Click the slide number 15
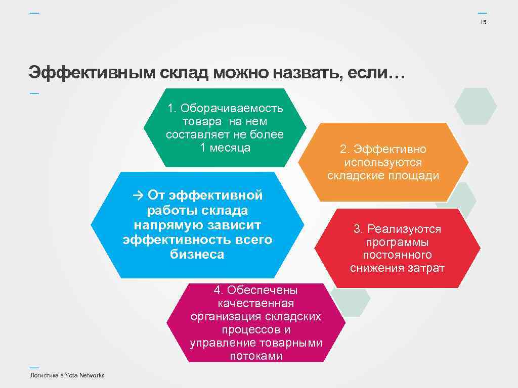point(483,23)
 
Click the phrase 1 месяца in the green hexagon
point(225,148)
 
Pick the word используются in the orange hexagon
point(383,163)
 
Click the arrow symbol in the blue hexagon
point(139,195)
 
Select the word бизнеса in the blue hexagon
point(197,254)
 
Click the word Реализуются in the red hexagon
point(404,229)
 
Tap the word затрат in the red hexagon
point(426,268)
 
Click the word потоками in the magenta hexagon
point(256,356)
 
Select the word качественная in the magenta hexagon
point(255,304)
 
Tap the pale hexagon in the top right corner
point(476,106)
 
